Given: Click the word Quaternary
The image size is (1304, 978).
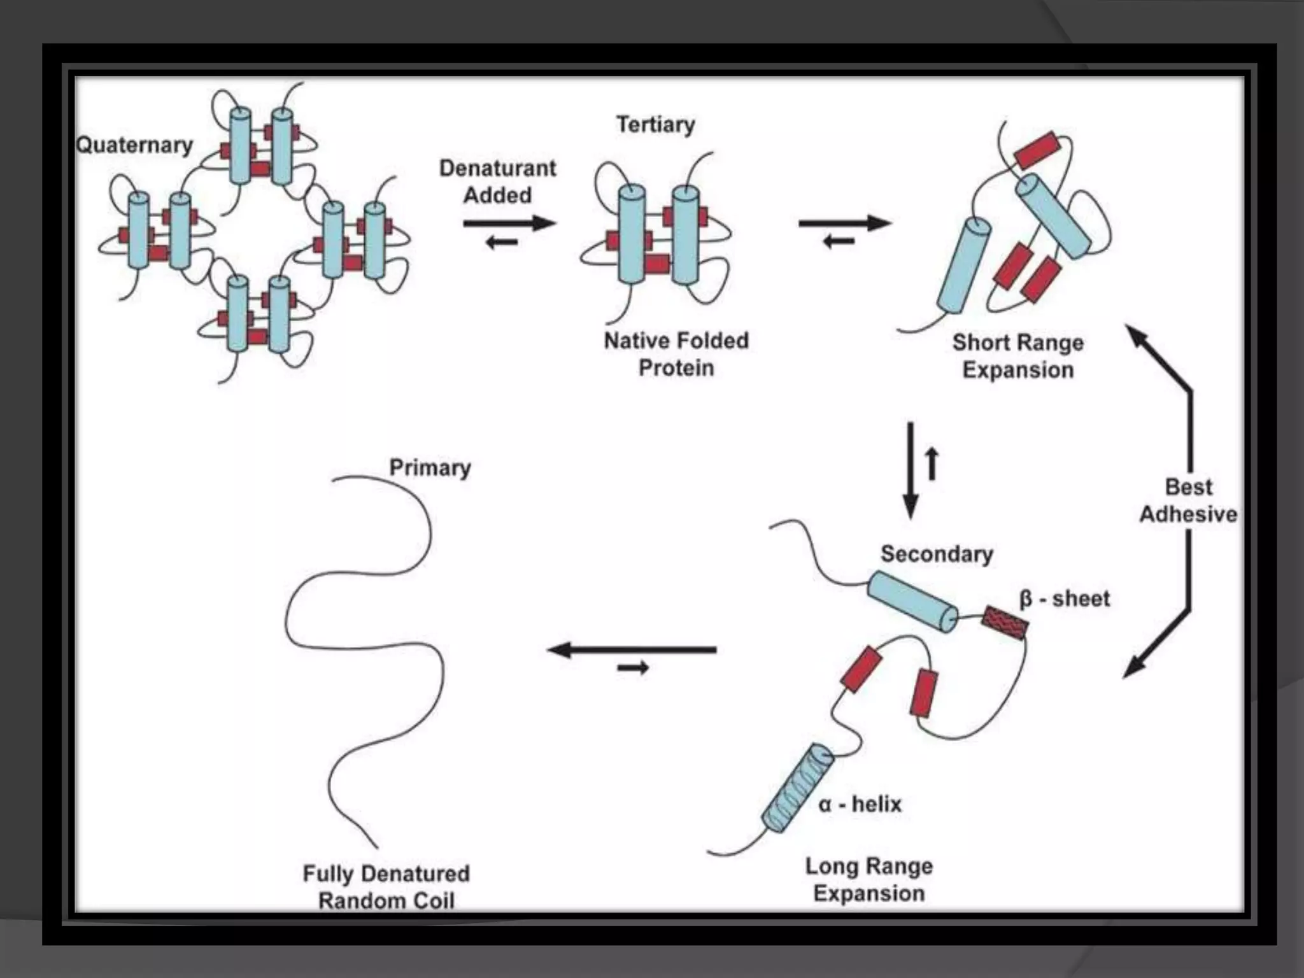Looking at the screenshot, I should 134,145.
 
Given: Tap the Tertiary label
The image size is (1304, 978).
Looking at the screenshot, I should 655,124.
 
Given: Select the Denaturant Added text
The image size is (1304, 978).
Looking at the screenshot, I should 497,181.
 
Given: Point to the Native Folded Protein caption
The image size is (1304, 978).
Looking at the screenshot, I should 676,354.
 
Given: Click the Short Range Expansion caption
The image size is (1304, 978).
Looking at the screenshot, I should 1017,356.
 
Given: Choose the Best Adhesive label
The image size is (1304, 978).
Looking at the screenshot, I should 1188,500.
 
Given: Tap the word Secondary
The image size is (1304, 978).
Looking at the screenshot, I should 937,554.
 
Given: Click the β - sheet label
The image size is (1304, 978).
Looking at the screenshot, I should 1065,599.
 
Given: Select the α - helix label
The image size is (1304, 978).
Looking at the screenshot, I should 860,804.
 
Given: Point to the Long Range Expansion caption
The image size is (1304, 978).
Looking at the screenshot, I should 869,879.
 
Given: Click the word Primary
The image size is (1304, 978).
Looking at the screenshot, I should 430,467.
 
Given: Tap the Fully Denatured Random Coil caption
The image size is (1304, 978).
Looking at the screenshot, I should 386,887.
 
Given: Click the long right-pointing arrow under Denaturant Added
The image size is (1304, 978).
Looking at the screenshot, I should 509,223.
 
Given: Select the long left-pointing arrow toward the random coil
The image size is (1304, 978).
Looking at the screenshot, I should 632,650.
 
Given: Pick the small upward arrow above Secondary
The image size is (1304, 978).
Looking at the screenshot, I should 932,463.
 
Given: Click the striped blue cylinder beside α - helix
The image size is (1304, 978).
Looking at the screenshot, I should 798,789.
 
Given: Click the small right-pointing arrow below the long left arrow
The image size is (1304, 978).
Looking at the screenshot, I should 633,668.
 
